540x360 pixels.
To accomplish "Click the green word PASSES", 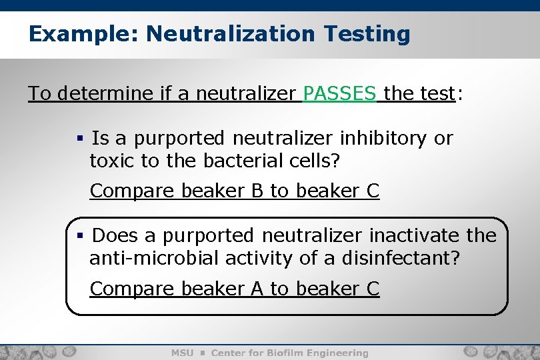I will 339,93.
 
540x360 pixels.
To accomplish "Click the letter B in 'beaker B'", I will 257,191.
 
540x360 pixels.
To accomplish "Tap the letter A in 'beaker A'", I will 257,289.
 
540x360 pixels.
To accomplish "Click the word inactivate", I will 413,235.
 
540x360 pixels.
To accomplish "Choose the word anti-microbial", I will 155,258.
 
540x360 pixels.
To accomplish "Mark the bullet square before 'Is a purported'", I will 79,139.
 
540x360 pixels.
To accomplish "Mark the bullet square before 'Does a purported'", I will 79,236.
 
